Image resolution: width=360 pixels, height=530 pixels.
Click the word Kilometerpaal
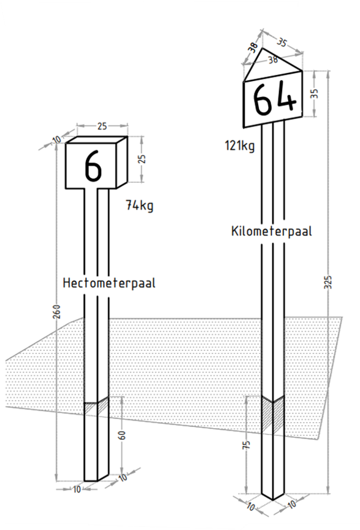[272, 231]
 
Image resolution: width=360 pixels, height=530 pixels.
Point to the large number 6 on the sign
[93, 164]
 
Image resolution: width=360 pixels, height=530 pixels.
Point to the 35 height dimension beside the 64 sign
[315, 93]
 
